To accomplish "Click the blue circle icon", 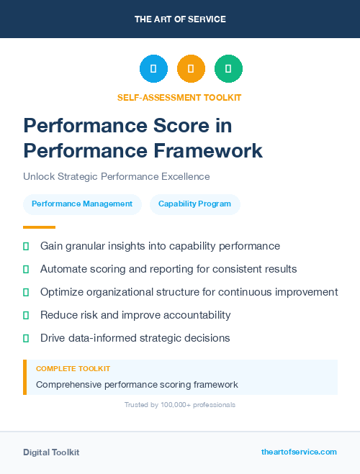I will pos(153,69).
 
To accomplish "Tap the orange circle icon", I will pos(191,69).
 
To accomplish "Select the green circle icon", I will pos(228,69).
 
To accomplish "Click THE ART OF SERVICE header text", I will pos(180,19).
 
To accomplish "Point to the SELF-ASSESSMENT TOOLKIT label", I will pos(179,97).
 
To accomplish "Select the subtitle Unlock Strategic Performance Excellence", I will pos(116,176).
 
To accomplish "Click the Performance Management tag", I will pos(82,204).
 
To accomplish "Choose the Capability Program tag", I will pos(194,204).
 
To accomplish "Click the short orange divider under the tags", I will pos(39,227).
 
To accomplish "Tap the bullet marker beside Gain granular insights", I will pos(26,246).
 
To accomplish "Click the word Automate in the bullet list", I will pos(63,269).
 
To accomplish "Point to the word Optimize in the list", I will pos(63,292).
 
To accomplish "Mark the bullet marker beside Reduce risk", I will pos(26,315).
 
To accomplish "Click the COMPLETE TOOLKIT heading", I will pos(73,369).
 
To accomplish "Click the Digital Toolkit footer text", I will pos(51,452).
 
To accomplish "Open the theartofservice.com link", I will pos(299,452).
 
